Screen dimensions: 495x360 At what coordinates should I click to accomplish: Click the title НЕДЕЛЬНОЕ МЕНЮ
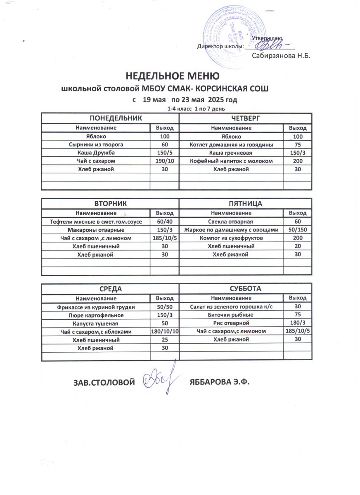(x=172, y=76)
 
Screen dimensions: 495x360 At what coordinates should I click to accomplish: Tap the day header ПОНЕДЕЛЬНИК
(x=109, y=118)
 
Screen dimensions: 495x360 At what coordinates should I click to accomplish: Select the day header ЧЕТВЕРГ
(x=246, y=118)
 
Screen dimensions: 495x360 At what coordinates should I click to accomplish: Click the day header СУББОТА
(x=246, y=288)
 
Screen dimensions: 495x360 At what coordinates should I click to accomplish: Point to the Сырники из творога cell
(x=95, y=145)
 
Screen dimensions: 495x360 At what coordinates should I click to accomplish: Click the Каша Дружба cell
(x=95, y=153)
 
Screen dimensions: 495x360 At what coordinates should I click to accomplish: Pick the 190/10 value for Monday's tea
(x=164, y=161)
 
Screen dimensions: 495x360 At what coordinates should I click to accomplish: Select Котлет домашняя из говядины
(x=231, y=145)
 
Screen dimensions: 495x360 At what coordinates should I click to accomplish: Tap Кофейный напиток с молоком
(x=231, y=161)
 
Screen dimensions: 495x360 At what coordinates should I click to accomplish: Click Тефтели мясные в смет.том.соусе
(x=95, y=222)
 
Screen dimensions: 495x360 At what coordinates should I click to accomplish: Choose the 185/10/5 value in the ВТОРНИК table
(x=164, y=238)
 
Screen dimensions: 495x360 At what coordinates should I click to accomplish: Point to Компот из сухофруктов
(x=231, y=238)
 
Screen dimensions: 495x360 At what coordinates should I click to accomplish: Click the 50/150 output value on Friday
(x=297, y=230)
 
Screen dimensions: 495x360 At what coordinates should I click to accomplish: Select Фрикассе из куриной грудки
(x=95, y=307)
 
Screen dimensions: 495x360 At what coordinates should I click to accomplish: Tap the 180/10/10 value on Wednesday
(x=164, y=332)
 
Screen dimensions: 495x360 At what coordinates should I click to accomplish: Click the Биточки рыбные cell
(x=231, y=315)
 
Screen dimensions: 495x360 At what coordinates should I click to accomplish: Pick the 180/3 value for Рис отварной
(x=297, y=323)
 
